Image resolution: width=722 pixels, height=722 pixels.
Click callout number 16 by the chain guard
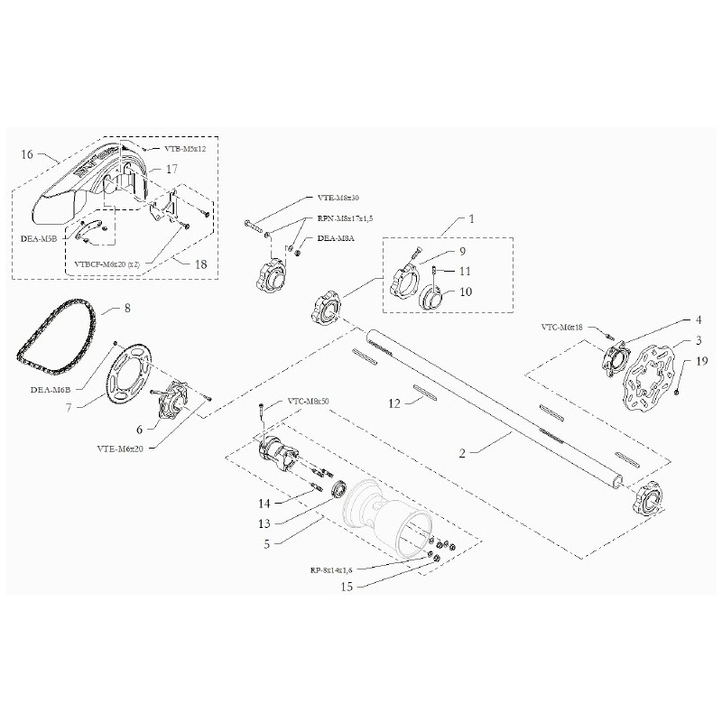point(25,155)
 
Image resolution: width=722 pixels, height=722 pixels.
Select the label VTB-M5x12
point(185,148)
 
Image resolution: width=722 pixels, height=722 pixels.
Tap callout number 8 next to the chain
point(127,309)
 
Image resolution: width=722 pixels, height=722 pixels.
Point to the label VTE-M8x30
point(339,198)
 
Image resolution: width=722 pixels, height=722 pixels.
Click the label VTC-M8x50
point(308,400)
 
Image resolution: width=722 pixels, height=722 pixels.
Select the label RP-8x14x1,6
point(332,570)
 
